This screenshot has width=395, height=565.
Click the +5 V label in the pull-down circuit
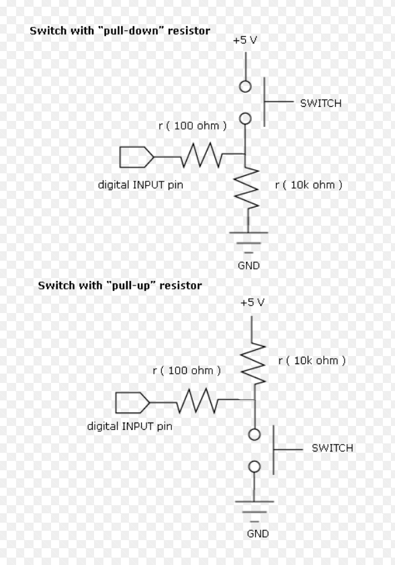click(245, 40)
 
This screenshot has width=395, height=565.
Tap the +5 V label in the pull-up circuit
click(253, 302)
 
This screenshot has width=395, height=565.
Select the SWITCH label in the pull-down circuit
click(320, 103)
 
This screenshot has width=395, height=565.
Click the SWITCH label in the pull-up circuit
click(333, 448)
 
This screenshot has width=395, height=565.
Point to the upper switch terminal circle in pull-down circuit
click(245, 87)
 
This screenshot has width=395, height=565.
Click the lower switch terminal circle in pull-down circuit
click(245, 118)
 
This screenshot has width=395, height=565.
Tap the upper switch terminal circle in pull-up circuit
click(255, 435)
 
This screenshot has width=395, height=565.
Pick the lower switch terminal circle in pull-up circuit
click(255, 467)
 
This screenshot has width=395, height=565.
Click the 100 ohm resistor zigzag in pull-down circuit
click(202, 155)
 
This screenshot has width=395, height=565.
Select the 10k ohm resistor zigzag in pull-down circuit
click(247, 188)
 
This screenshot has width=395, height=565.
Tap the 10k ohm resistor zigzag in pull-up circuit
click(253, 363)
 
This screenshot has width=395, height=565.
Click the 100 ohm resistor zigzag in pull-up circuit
click(197, 400)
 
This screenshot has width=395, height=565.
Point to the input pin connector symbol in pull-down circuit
click(136, 157)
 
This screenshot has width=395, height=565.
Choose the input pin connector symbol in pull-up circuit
click(132, 402)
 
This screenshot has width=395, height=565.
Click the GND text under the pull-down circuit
click(249, 265)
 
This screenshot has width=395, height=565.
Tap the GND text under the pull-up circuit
click(258, 533)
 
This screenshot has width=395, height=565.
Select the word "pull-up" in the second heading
click(130, 286)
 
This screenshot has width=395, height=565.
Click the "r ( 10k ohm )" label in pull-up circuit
click(312, 360)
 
